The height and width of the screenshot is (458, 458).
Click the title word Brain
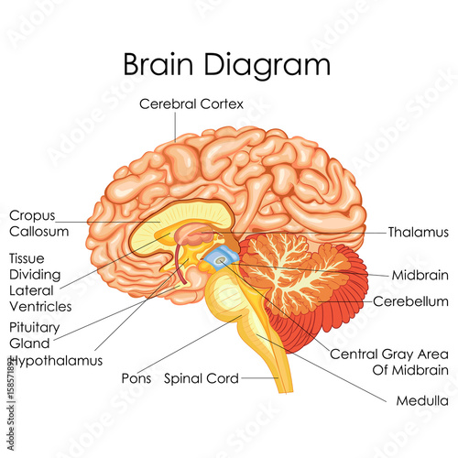tap(158, 64)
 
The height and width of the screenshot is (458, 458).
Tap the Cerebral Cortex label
tap(191, 104)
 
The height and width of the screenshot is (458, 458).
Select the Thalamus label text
tap(419, 233)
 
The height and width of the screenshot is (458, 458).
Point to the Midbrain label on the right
tap(420, 275)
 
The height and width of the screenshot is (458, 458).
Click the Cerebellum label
tap(410, 301)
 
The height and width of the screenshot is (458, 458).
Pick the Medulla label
tap(422, 400)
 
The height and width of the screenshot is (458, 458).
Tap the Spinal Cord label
tap(202, 378)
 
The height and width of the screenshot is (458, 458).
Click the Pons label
tap(136, 378)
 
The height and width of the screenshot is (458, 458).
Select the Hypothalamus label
tap(57, 361)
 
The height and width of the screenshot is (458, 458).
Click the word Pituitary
tap(35, 328)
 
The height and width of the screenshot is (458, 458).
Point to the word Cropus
tap(32, 216)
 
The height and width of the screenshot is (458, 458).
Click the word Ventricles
tap(40, 307)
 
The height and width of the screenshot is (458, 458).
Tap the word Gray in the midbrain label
tap(399, 354)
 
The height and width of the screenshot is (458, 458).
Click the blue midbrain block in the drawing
tap(221, 258)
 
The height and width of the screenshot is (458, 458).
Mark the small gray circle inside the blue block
tap(220, 260)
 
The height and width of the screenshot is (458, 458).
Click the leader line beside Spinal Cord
tap(260, 378)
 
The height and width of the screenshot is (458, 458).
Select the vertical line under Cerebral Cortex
tap(175, 126)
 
